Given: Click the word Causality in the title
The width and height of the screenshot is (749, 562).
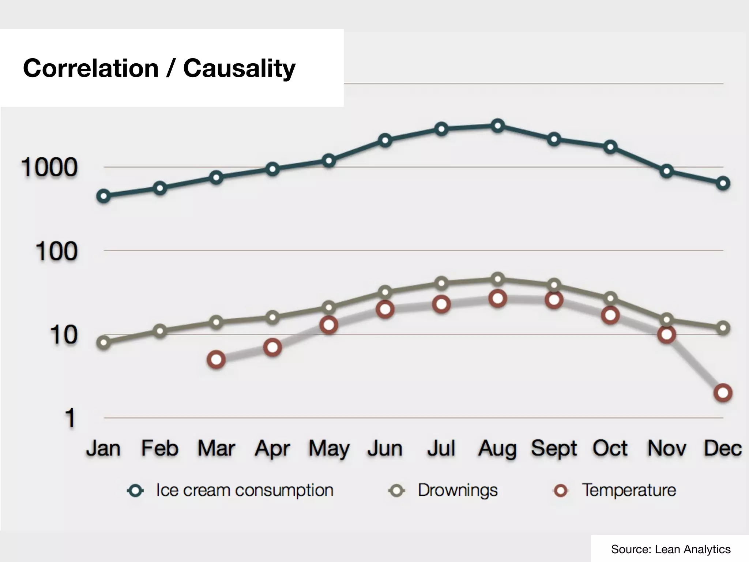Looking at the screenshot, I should coord(239,68).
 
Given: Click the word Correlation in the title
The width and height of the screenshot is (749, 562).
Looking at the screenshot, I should coord(91,68).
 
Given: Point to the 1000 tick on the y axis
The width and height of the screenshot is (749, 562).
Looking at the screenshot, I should coord(49,168).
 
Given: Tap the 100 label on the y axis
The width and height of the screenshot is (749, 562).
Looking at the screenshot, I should coord(57,251).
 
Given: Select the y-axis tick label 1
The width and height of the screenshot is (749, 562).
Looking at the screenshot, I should coord(70,418).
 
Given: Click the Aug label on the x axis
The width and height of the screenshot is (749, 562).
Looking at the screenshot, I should coord(497,448).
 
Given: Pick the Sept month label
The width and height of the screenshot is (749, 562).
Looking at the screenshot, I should coord(554,448).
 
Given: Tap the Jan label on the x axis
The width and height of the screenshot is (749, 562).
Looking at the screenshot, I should coord(103,448).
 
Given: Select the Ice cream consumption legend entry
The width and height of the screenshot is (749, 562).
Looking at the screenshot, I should coord(230,490).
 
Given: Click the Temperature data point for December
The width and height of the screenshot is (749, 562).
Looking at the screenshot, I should coord(723,393).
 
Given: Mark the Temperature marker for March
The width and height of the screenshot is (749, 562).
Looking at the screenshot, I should coord(216,360).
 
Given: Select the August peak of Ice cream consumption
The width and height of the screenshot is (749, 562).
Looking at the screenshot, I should coord(497,126).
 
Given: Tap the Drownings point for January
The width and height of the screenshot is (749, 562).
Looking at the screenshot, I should coord(104,342).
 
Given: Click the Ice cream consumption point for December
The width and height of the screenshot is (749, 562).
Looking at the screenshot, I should coord(723,183).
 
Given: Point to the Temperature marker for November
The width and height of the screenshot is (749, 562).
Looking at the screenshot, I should coord(666,334).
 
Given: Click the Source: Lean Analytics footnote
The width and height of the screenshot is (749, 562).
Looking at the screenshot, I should coord(670,549).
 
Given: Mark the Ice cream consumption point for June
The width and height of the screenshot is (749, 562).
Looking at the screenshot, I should coord(385,140).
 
